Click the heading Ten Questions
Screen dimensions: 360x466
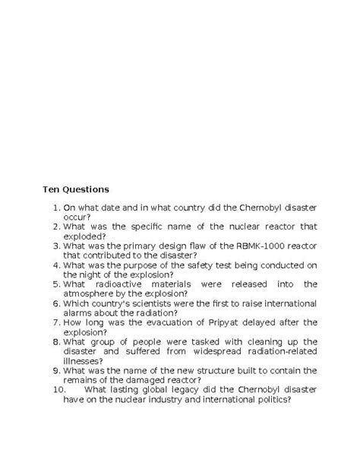[x=75, y=189]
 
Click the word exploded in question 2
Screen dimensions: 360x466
[x=86, y=236]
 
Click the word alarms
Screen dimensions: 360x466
[x=78, y=312]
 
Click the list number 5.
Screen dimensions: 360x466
[x=56, y=284]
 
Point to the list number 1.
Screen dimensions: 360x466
[x=56, y=207]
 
